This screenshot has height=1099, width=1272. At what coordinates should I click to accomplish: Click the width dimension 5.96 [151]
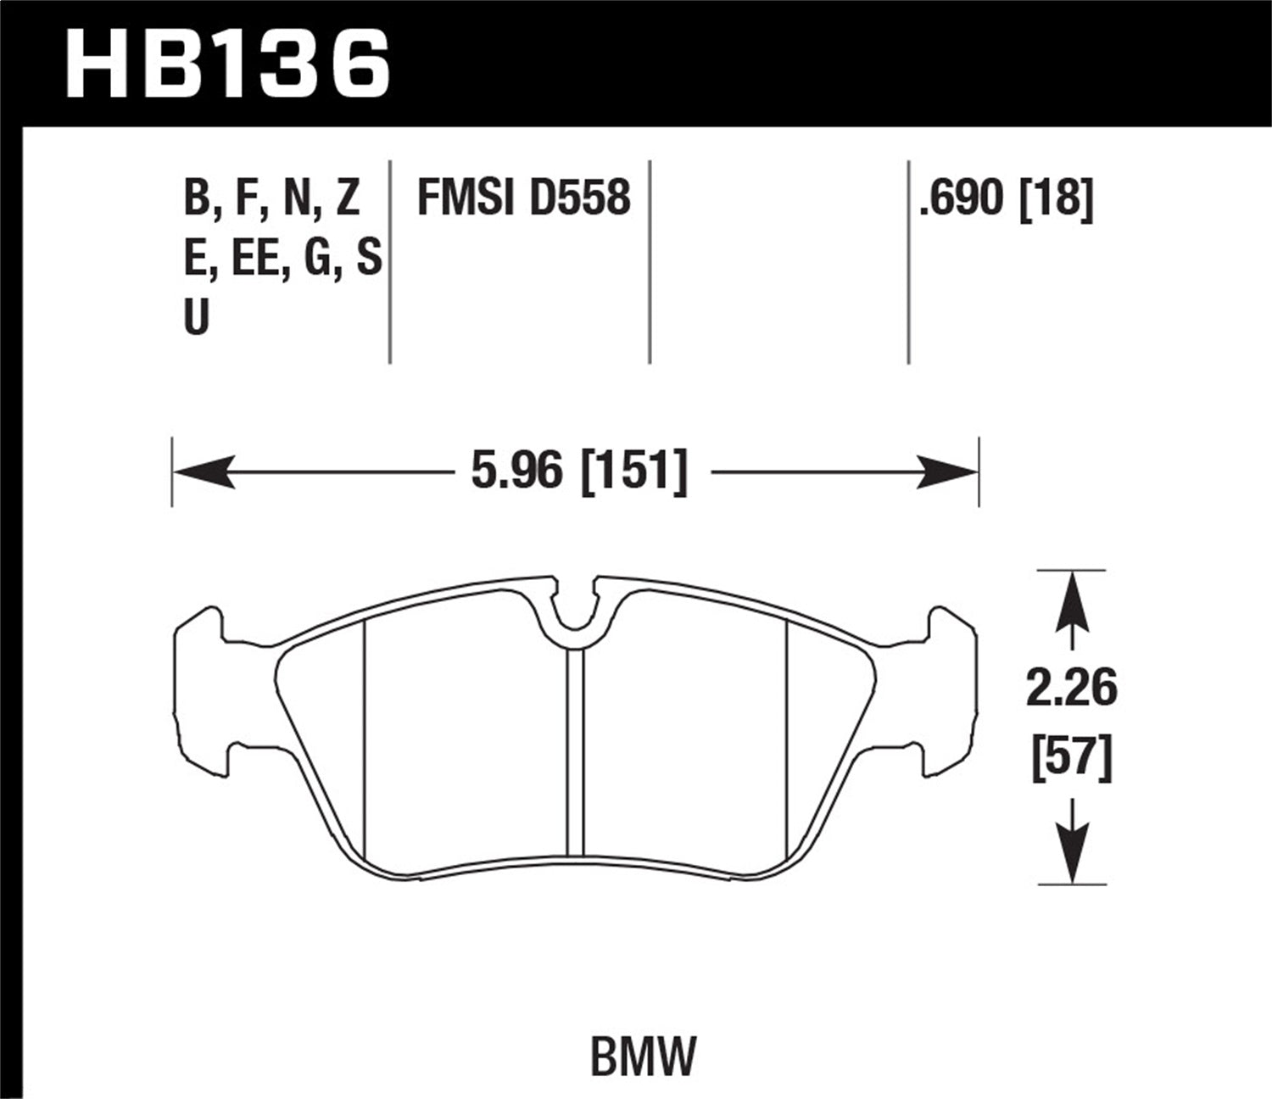579,471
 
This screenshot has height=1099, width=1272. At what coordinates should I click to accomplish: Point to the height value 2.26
1072,689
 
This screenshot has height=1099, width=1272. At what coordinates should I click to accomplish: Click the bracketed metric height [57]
1072,757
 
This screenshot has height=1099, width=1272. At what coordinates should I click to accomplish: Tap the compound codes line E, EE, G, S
282,259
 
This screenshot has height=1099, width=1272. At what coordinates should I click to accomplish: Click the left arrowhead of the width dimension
204,471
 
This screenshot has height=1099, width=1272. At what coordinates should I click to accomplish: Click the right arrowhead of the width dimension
948,471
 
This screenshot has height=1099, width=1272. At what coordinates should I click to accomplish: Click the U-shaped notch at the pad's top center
576,609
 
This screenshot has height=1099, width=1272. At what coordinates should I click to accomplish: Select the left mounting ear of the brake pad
202,691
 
